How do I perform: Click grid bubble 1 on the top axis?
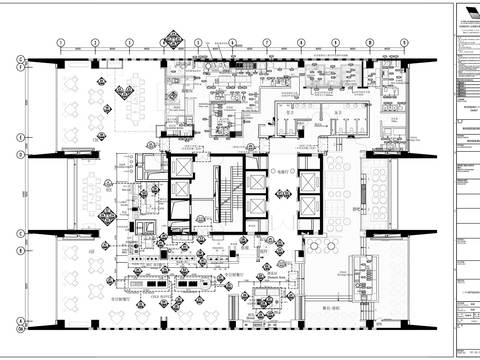click(60, 43)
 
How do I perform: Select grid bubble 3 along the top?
click(129, 43)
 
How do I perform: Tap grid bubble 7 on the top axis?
click(267, 43)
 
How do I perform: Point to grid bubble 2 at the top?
click(94, 43)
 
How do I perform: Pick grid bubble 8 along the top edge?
click(301, 43)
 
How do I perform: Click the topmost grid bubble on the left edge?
click(20, 61)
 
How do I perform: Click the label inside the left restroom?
click(289, 115)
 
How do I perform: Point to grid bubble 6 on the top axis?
click(232, 43)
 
